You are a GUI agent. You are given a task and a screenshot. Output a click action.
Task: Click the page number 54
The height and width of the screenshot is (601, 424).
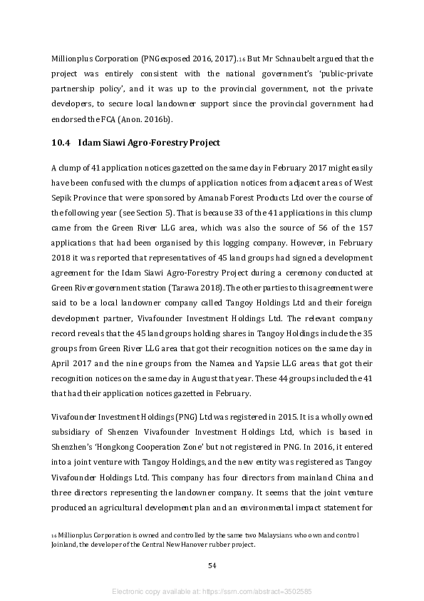tap(212, 565)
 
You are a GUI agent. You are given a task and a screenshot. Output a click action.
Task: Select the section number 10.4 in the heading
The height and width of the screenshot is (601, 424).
tap(60, 143)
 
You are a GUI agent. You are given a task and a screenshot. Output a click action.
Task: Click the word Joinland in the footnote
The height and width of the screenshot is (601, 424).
tap(65, 545)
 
